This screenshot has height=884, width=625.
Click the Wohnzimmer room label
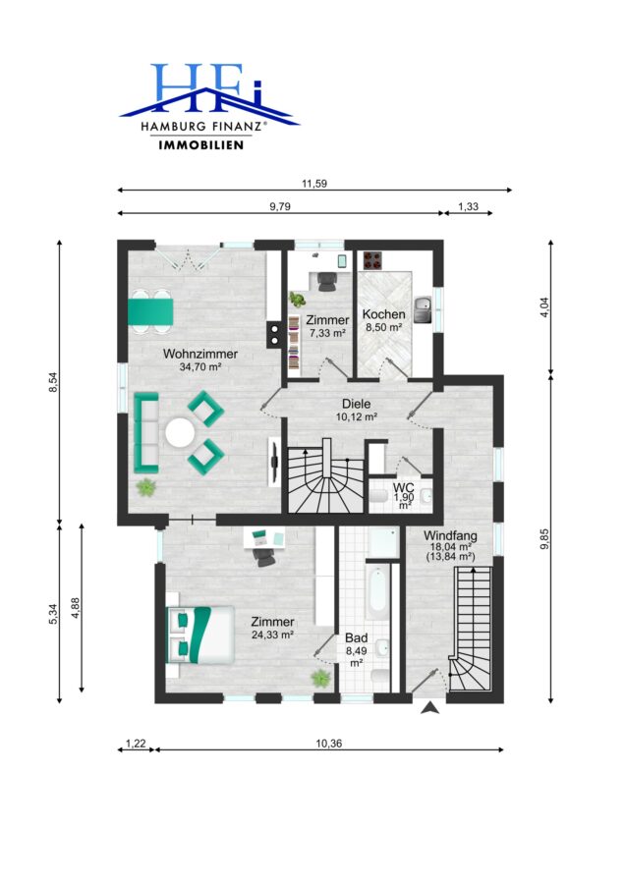click(x=200, y=354)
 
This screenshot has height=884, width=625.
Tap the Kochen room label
click(x=383, y=314)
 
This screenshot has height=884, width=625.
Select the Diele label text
click(x=357, y=404)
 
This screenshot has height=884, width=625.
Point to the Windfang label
click(x=450, y=535)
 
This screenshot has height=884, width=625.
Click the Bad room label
click(x=357, y=637)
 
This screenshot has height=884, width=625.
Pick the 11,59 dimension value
click(x=314, y=184)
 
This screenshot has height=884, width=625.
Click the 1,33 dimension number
click(x=468, y=206)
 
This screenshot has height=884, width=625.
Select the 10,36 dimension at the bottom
click(x=329, y=744)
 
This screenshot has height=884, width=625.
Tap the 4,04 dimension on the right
click(x=544, y=307)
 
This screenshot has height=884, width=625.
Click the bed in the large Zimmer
click(x=200, y=635)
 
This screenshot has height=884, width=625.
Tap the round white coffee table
click(x=181, y=433)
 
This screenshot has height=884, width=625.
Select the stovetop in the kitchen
click(x=372, y=260)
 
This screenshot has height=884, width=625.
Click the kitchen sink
click(x=423, y=309)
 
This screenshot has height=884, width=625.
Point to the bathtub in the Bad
click(x=376, y=593)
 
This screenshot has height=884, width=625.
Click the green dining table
click(x=150, y=312)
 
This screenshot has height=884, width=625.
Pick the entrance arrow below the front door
click(x=430, y=707)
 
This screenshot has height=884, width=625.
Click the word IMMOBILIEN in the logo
click(x=201, y=145)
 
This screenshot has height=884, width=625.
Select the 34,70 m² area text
click(x=199, y=366)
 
